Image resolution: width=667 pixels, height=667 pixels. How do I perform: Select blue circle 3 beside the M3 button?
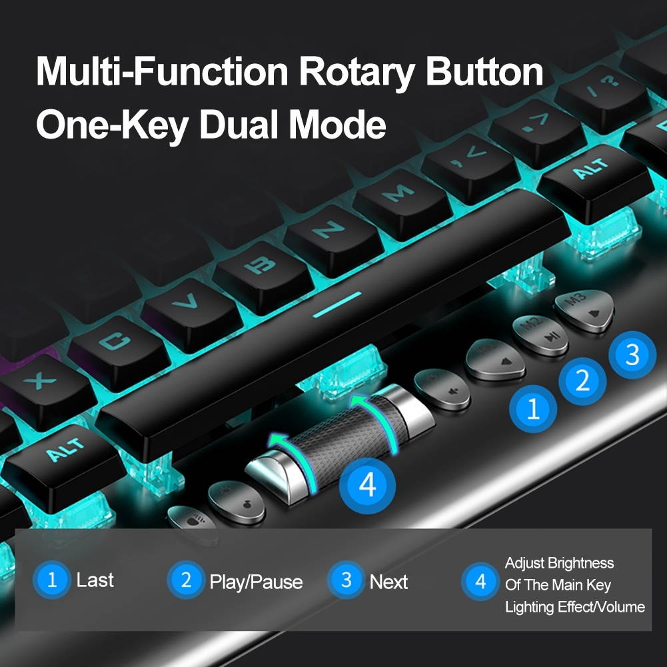tap(632, 354)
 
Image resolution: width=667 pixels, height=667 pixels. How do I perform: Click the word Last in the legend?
tap(95, 580)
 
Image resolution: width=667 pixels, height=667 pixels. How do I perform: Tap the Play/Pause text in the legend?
tap(256, 582)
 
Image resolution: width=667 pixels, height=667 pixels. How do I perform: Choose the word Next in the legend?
tap(388, 582)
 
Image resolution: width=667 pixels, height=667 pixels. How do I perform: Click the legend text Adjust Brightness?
tap(559, 563)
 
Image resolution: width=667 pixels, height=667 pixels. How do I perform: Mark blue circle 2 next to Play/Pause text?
tap(186, 580)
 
